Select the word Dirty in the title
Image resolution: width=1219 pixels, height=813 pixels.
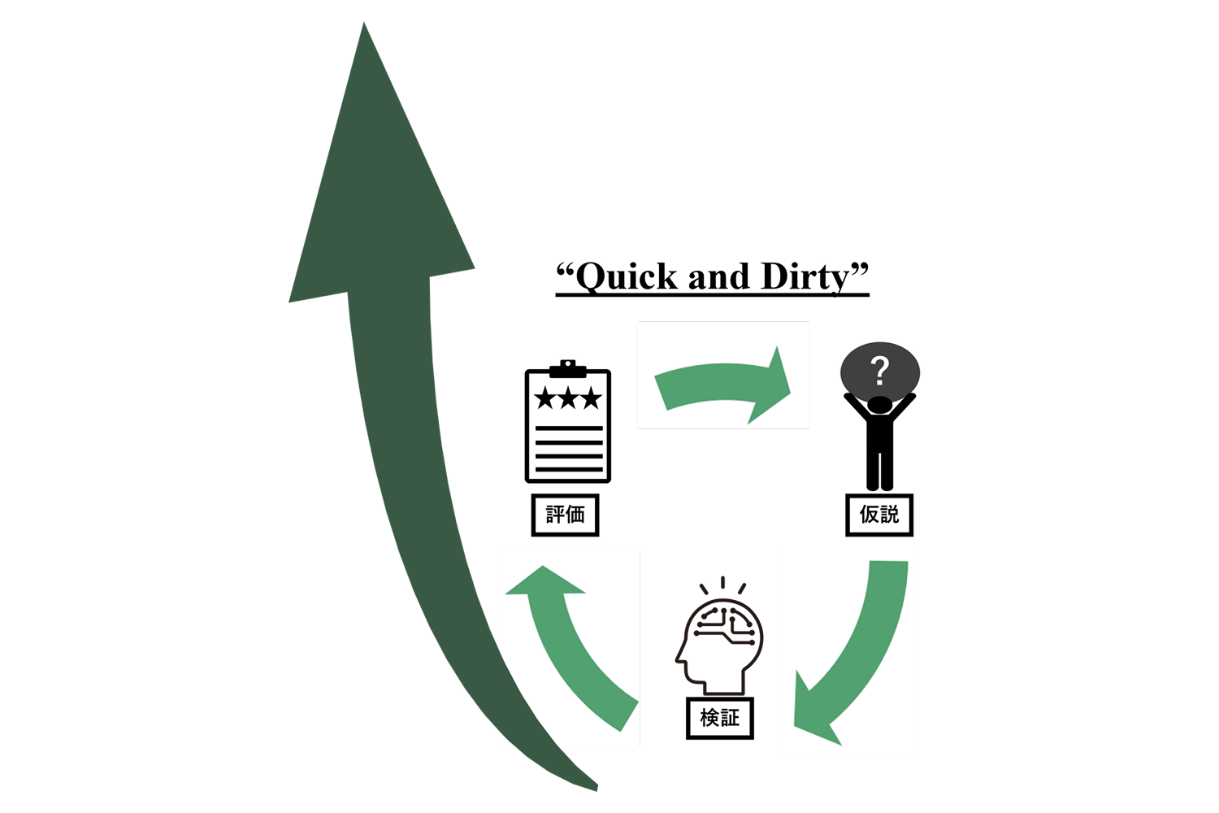tap(805, 277)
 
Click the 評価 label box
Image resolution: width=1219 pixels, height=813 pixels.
tap(565, 515)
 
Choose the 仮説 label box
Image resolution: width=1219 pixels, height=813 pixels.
tap(879, 515)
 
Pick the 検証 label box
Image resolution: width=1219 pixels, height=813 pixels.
tap(720, 718)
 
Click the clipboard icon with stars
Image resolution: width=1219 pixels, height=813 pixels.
tap(568, 423)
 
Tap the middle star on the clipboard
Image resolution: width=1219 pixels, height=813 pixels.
tap(568, 398)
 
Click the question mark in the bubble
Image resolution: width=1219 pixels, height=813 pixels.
tap(879, 372)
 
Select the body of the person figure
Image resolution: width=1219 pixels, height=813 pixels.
tap(879, 447)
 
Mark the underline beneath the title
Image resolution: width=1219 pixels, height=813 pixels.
tap(712, 295)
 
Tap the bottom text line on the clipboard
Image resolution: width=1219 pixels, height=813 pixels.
tap(568, 469)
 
